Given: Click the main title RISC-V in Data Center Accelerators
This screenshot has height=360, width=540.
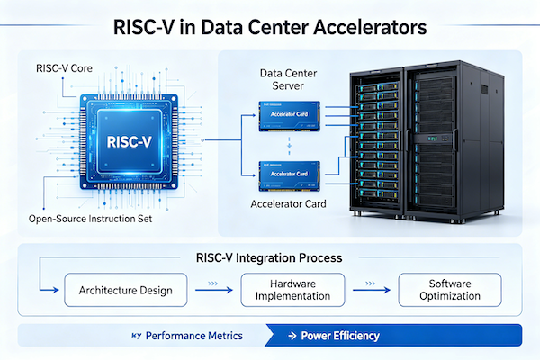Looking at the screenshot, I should pos(269,26).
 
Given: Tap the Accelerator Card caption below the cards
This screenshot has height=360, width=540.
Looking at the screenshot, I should pos(290,205).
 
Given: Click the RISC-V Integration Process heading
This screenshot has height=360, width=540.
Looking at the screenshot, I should pos(268,257).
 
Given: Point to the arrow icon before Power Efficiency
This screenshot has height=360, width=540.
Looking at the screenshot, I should pos(292,336).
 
